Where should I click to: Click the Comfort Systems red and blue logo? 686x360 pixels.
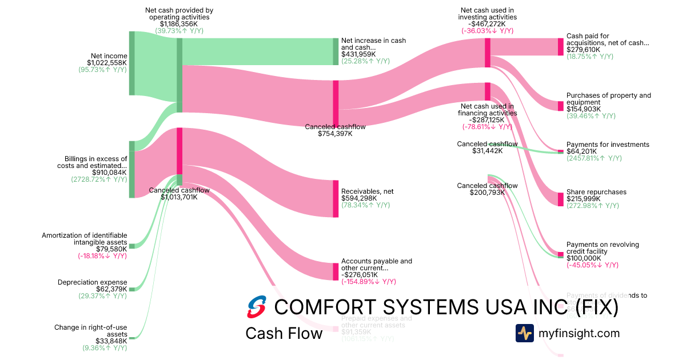[x=257, y=307]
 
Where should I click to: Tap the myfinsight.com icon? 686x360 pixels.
[x=524, y=333]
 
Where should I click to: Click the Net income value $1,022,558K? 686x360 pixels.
[x=107, y=63]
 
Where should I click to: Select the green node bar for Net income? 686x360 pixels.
[x=131, y=63]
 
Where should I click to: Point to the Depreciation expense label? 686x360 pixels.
[x=92, y=282]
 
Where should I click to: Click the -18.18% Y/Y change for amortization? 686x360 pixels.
[x=102, y=256]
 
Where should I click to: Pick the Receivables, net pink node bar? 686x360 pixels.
[x=336, y=198]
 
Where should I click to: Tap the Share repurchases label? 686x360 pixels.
[x=596, y=192]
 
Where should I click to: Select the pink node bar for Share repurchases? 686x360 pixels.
[x=560, y=199]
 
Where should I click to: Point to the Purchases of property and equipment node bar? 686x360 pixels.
[x=560, y=106]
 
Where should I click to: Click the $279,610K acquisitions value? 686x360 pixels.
[x=583, y=50]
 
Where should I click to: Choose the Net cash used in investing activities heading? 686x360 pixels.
[x=488, y=13]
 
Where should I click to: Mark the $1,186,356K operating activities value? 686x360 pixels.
[x=179, y=24]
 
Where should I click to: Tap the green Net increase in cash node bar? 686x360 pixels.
[x=336, y=51]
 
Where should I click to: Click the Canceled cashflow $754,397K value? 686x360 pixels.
[x=335, y=134]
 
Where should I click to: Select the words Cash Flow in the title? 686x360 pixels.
[x=284, y=333]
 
